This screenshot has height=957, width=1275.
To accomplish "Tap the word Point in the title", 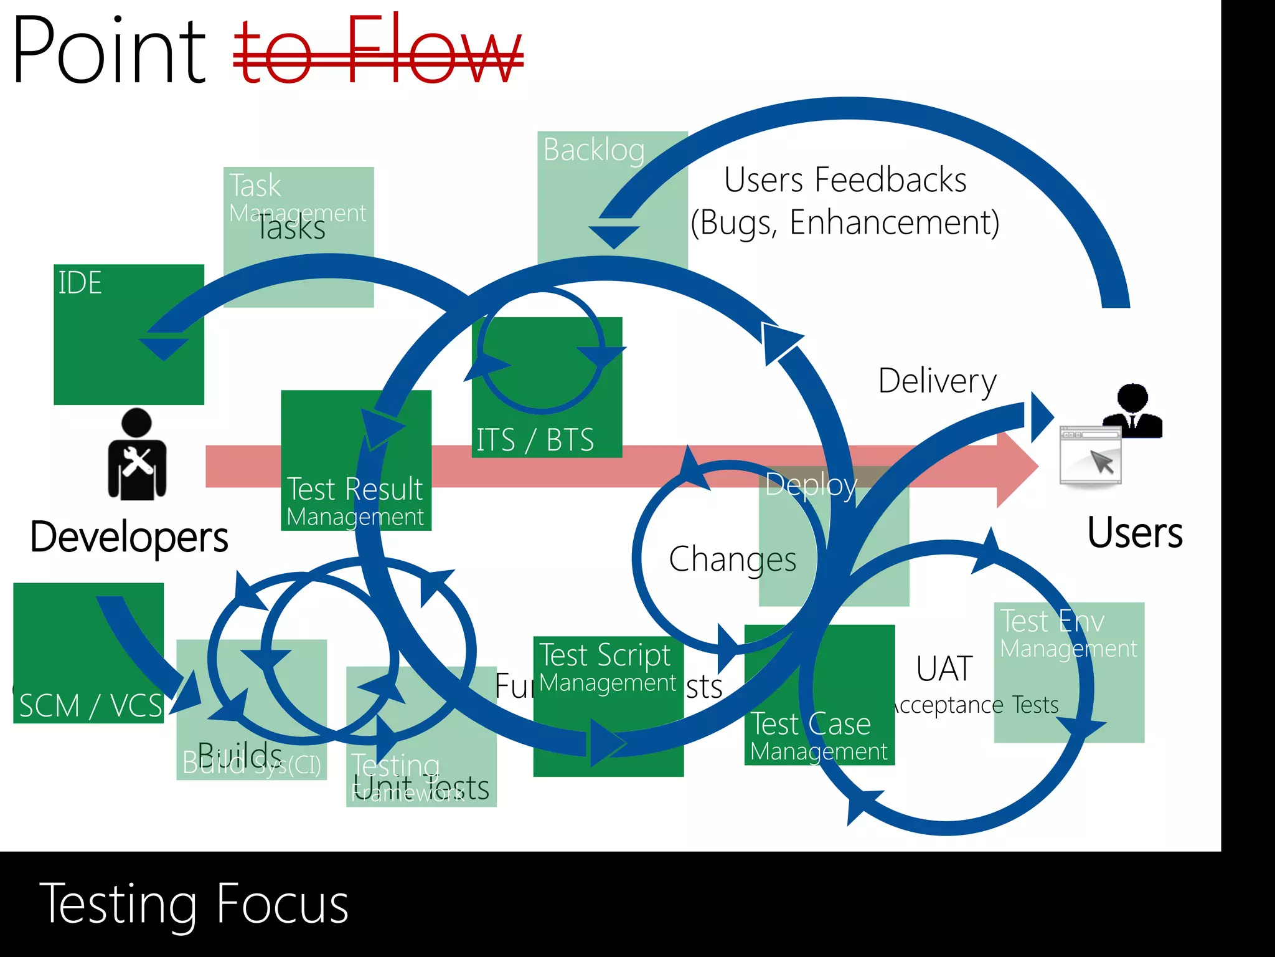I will (x=109, y=51).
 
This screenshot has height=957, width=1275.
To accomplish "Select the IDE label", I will (x=80, y=283).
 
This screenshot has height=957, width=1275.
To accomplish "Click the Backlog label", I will (x=593, y=150).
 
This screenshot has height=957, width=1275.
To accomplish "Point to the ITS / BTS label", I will (x=535, y=439).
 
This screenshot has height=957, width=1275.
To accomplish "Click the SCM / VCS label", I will (x=90, y=706).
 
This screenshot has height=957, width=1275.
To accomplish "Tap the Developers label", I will (x=129, y=536).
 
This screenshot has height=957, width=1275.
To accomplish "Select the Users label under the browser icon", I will (x=1134, y=533).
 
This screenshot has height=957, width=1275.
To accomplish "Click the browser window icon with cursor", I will (x=1090, y=456).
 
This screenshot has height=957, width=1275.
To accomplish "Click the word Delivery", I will (x=937, y=381).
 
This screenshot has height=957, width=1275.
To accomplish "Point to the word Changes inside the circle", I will (x=732, y=559).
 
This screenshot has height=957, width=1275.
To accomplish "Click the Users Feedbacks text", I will (x=845, y=180).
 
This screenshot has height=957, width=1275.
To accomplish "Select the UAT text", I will (x=944, y=669).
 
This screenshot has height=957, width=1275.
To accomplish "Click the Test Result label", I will (x=354, y=489).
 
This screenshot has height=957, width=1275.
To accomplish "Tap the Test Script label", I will (x=605, y=655).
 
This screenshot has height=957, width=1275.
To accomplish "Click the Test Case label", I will (x=811, y=724).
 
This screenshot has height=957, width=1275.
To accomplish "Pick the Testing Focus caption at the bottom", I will (x=194, y=904).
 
